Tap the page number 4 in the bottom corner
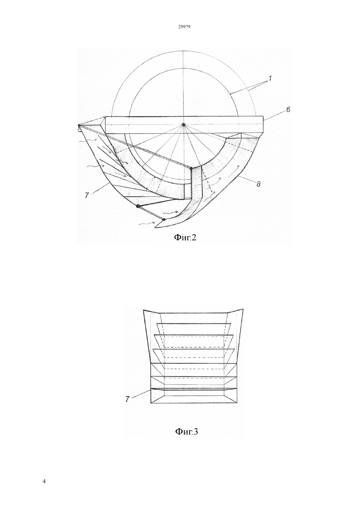pos(44,481)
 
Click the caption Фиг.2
pos(185,238)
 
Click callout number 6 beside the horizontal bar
pos(288,110)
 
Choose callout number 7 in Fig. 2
pos(87,195)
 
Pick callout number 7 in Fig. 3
pos(127,399)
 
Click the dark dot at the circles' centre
pos(183,125)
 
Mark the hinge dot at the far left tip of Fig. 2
pos(79,125)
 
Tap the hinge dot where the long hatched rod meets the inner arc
pos(191,168)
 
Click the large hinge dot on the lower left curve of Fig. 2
pos(138,206)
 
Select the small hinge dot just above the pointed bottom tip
pos(164,219)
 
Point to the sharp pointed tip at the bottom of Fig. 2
pos(155,227)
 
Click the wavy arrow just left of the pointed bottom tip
pos(145,224)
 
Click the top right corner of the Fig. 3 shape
pos(243,309)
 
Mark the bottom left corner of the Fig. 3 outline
pos(151,403)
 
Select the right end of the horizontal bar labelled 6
pos(263,125)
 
